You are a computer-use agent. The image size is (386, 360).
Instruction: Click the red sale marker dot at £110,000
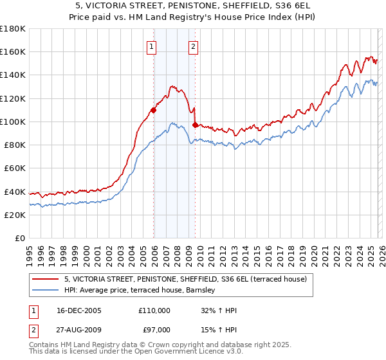click(x=154, y=110)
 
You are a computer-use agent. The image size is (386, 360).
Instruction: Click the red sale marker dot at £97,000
click(x=195, y=125)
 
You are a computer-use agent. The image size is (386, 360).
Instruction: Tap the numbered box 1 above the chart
click(x=151, y=46)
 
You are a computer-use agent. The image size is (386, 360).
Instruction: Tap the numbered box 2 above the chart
click(x=193, y=46)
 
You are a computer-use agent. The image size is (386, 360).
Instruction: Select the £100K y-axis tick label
click(x=13, y=122)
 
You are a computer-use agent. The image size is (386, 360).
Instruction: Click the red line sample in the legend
click(x=46, y=279)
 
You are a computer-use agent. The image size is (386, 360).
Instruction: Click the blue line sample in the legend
click(x=46, y=291)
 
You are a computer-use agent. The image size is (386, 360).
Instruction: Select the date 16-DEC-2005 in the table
click(x=78, y=310)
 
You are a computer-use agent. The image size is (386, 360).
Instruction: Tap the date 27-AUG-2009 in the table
click(x=78, y=330)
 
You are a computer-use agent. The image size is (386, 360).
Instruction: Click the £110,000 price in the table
click(x=154, y=310)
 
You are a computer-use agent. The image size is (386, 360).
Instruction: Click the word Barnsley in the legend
click(x=206, y=291)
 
